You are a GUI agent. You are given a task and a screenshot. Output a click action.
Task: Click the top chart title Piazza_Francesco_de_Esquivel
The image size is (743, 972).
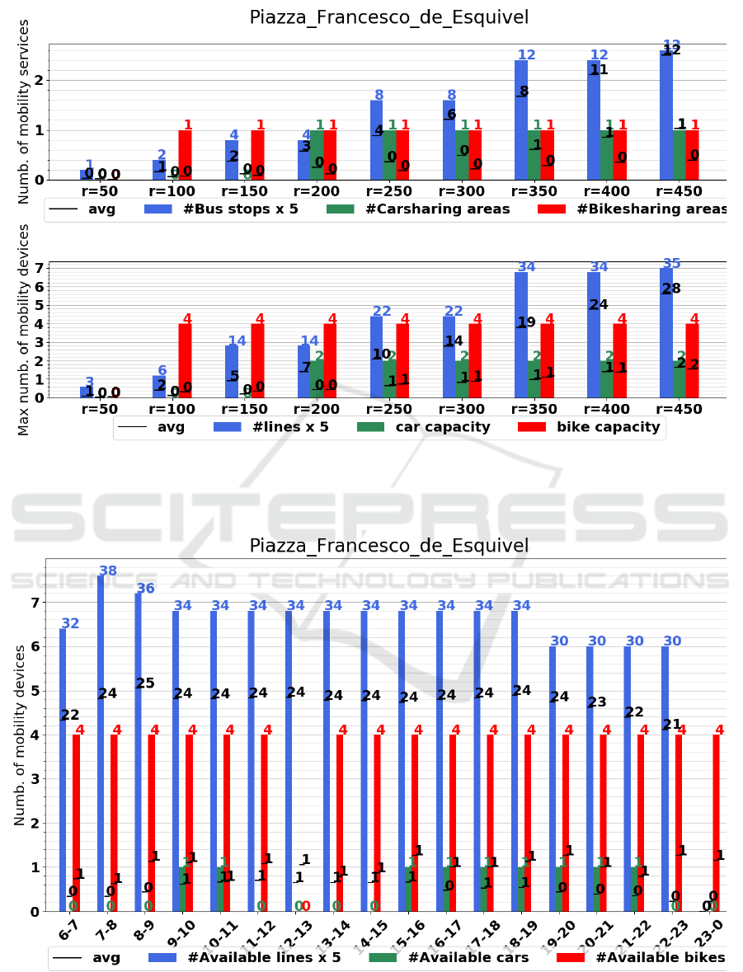(x=389, y=17)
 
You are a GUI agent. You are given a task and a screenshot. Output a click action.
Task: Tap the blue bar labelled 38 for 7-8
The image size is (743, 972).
(x=101, y=742)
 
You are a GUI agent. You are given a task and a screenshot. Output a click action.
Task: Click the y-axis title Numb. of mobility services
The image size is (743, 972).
(x=24, y=111)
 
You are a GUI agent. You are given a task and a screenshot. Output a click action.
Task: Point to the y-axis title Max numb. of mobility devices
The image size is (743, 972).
(x=24, y=330)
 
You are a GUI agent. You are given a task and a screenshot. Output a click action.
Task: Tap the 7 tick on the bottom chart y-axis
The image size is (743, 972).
(x=35, y=603)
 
